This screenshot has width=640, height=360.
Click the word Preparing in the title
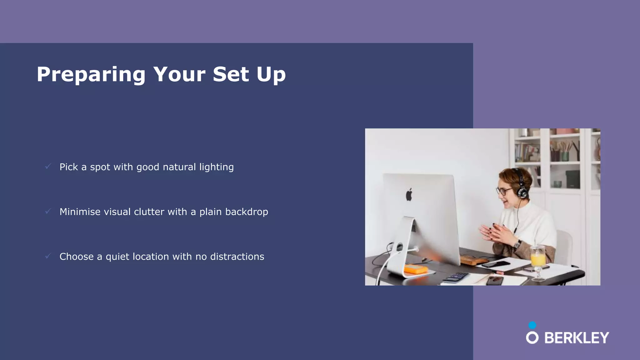coord(91,74)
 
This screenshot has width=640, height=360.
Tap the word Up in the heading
coord(271,74)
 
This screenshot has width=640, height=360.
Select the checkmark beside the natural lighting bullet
coord(48,166)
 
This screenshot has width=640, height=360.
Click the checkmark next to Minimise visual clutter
coord(48,211)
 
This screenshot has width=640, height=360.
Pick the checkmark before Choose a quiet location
coord(48,256)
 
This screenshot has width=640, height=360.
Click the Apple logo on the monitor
coord(409,195)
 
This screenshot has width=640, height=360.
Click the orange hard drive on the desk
coord(416,269)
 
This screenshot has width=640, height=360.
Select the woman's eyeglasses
coord(504,191)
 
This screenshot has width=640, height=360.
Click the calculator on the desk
coord(456,277)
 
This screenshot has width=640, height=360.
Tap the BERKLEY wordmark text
coord(577,338)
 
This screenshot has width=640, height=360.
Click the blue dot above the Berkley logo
coord(532,325)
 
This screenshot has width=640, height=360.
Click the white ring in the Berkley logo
coord(532,338)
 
